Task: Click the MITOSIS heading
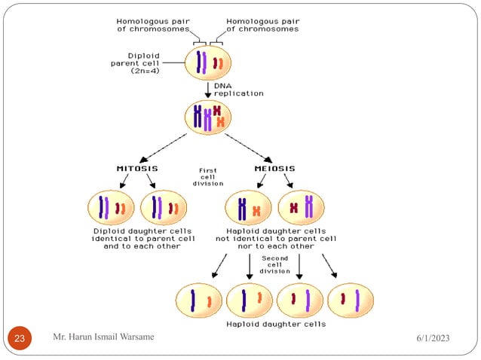pyautogui.click(x=135, y=168)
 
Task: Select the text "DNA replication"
pyautogui.click(x=239, y=90)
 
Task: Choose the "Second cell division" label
pyautogui.click(x=274, y=265)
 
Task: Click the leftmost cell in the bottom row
pyautogui.click(x=198, y=300)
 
